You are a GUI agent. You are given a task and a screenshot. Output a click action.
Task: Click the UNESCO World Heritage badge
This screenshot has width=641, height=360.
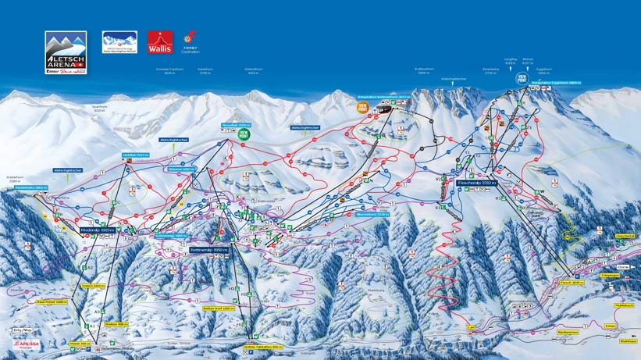coord(119,41)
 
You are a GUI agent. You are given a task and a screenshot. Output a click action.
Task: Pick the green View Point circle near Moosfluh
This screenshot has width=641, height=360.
coord(244,134)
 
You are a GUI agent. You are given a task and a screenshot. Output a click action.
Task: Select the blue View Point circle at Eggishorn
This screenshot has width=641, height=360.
coord(522,78)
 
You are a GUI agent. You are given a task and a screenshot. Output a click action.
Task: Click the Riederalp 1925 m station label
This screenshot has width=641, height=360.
coord(98,230)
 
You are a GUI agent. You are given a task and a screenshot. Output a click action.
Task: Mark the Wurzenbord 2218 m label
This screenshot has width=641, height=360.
coord(372,213)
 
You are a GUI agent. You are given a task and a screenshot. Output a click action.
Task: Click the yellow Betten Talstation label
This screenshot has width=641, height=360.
coord(261,346)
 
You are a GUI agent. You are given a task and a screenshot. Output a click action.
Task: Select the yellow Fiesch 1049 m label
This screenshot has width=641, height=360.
coord(570,282)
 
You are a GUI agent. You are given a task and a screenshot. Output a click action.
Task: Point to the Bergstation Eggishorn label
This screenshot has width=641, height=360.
coord(557,83)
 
